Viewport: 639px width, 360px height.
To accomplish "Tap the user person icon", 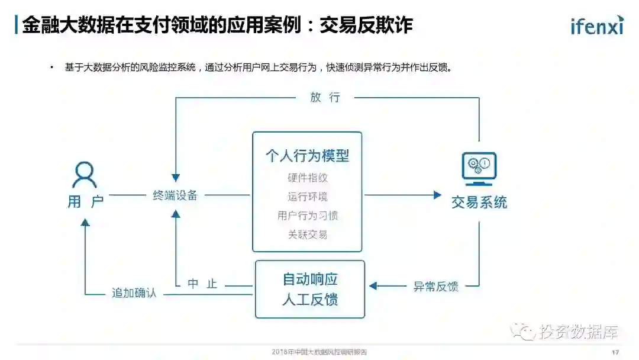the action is click(x=85, y=175).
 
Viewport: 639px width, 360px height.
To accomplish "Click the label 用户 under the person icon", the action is click(x=85, y=201).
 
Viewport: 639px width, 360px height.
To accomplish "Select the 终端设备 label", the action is click(x=175, y=195).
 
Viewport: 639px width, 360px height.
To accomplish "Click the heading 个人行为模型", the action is click(x=307, y=156).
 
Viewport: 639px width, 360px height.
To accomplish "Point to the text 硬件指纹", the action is click(x=307, y=178).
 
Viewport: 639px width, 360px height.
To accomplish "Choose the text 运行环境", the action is click(x=307, y=197).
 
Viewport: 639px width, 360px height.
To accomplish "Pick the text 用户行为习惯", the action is click(x=307, y=216).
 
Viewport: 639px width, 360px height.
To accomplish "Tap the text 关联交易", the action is click(x=307, y=234).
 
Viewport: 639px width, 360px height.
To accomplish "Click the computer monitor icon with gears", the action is click(x=479, y=166).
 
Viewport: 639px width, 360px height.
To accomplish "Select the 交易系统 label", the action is click(x=479, y=202).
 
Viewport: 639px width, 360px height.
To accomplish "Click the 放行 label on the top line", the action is click(x=325, y=98).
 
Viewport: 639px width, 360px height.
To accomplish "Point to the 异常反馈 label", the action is click(x=435, y=287).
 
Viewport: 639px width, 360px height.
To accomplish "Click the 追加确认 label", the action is click(x=134, y=292).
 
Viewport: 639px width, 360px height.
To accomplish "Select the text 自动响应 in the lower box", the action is click(x=309, y=279).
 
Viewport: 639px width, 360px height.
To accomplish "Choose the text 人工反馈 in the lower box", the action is click(x=309, y=300).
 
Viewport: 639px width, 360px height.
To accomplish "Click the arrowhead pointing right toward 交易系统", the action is click(x=437, y=195).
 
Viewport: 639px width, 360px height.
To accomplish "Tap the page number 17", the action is click(x=615, y=352).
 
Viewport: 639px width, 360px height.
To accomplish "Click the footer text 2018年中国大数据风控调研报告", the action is click(x=319, y=352).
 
